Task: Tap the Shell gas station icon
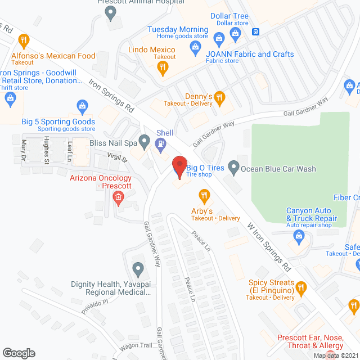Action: [161, 143]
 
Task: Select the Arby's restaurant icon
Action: [204, 196]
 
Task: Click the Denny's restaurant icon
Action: [219, 97]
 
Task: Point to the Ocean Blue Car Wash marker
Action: [233, 168]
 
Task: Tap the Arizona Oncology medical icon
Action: [118, 196]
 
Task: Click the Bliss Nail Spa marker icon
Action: [145, 140]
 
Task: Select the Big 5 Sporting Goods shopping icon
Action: [82, 105]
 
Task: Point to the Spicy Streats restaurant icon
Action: [300, 289]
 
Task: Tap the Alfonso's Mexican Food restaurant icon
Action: [23, 40]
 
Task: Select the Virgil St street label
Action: [117, 159]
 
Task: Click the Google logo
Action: [19, 353]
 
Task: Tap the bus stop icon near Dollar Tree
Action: [255, 31]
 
